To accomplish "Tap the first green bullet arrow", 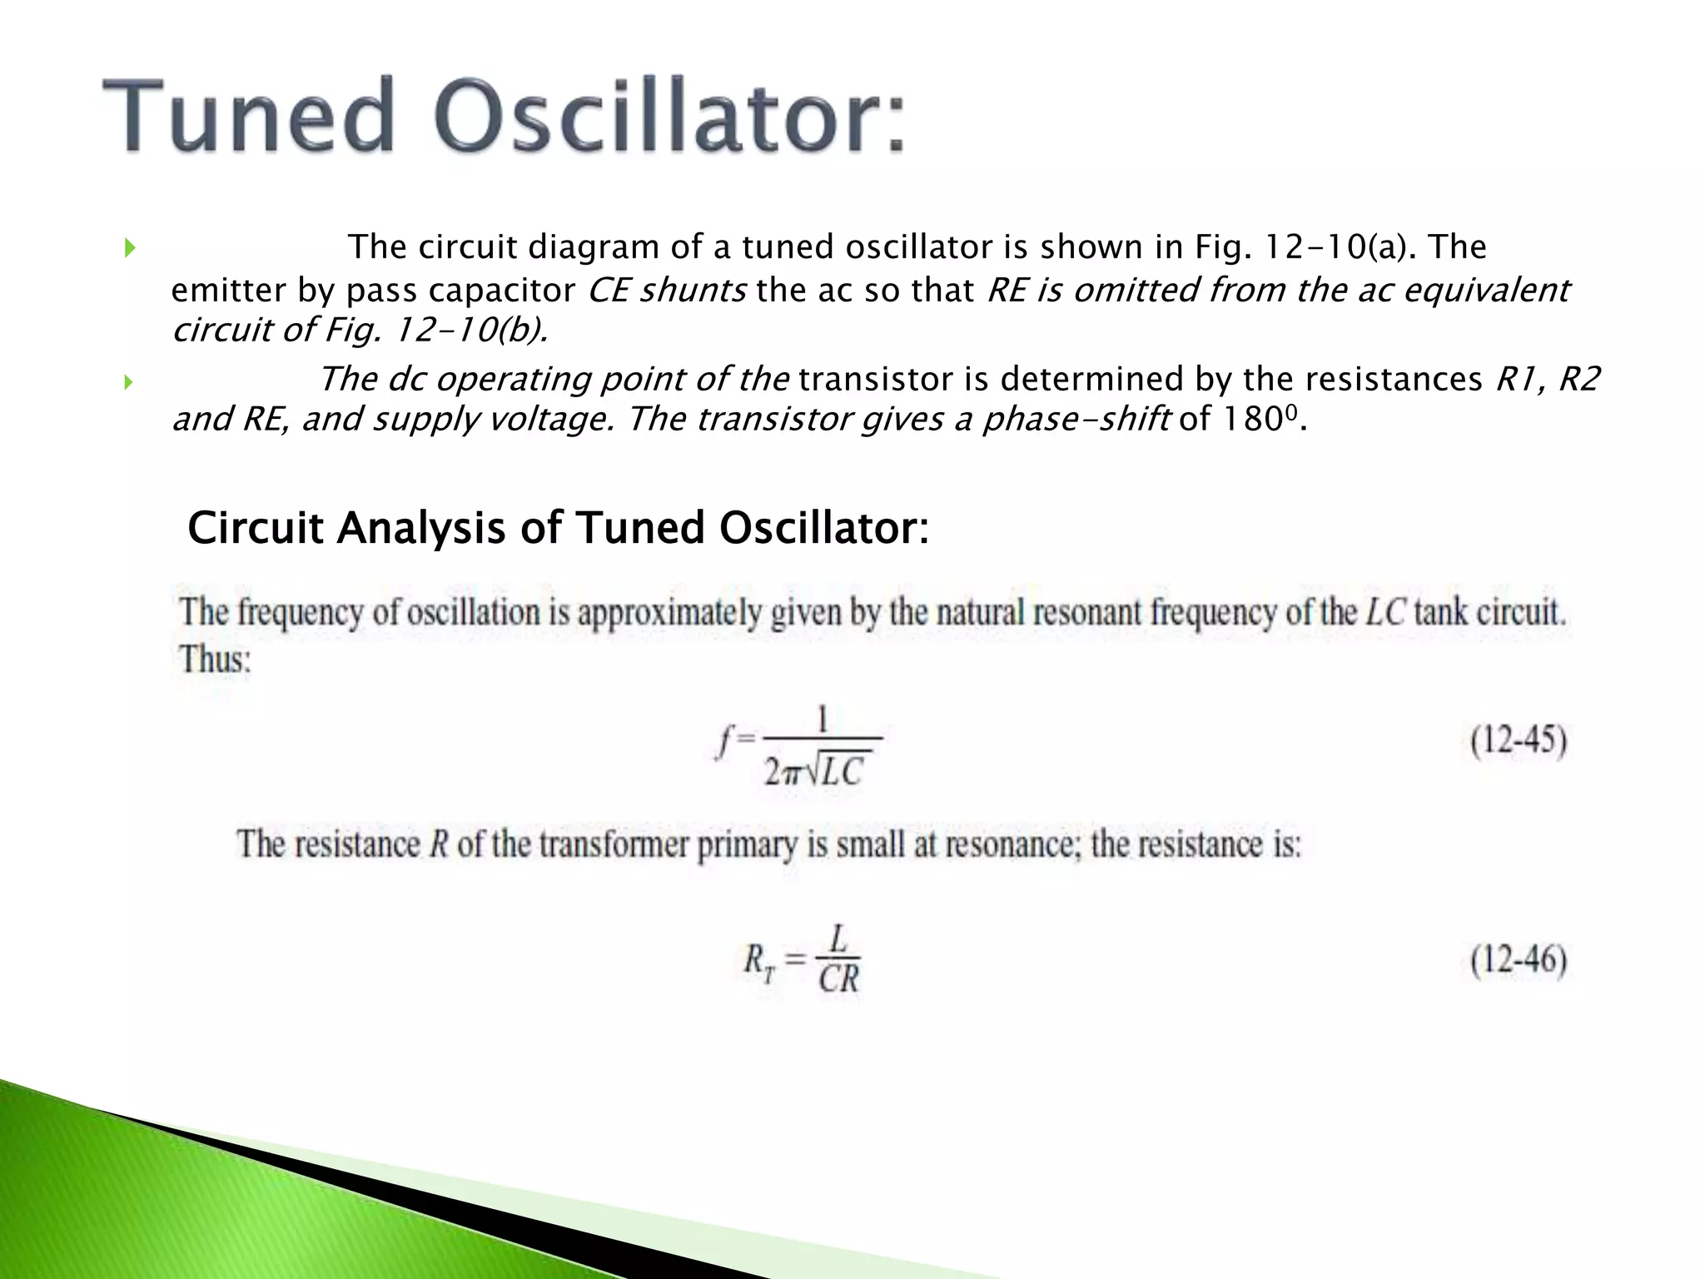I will pos(129,247).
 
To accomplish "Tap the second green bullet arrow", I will pos(129,382).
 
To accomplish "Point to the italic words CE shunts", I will pos(667,291).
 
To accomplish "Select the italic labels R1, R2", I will pos(1547,380).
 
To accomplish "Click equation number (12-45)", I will pos(1518,741).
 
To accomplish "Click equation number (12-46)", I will pos(1518,961).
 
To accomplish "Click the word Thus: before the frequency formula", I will pos(215,660).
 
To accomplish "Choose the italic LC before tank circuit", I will pos(1385,614).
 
